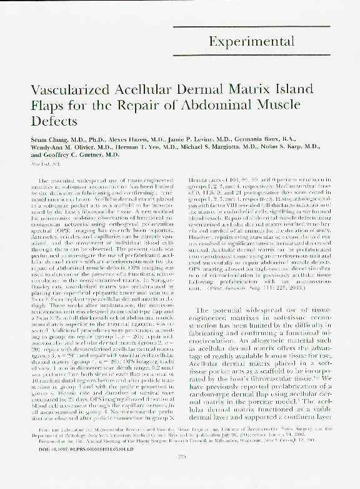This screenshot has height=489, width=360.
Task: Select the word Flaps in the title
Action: click(46, 105)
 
